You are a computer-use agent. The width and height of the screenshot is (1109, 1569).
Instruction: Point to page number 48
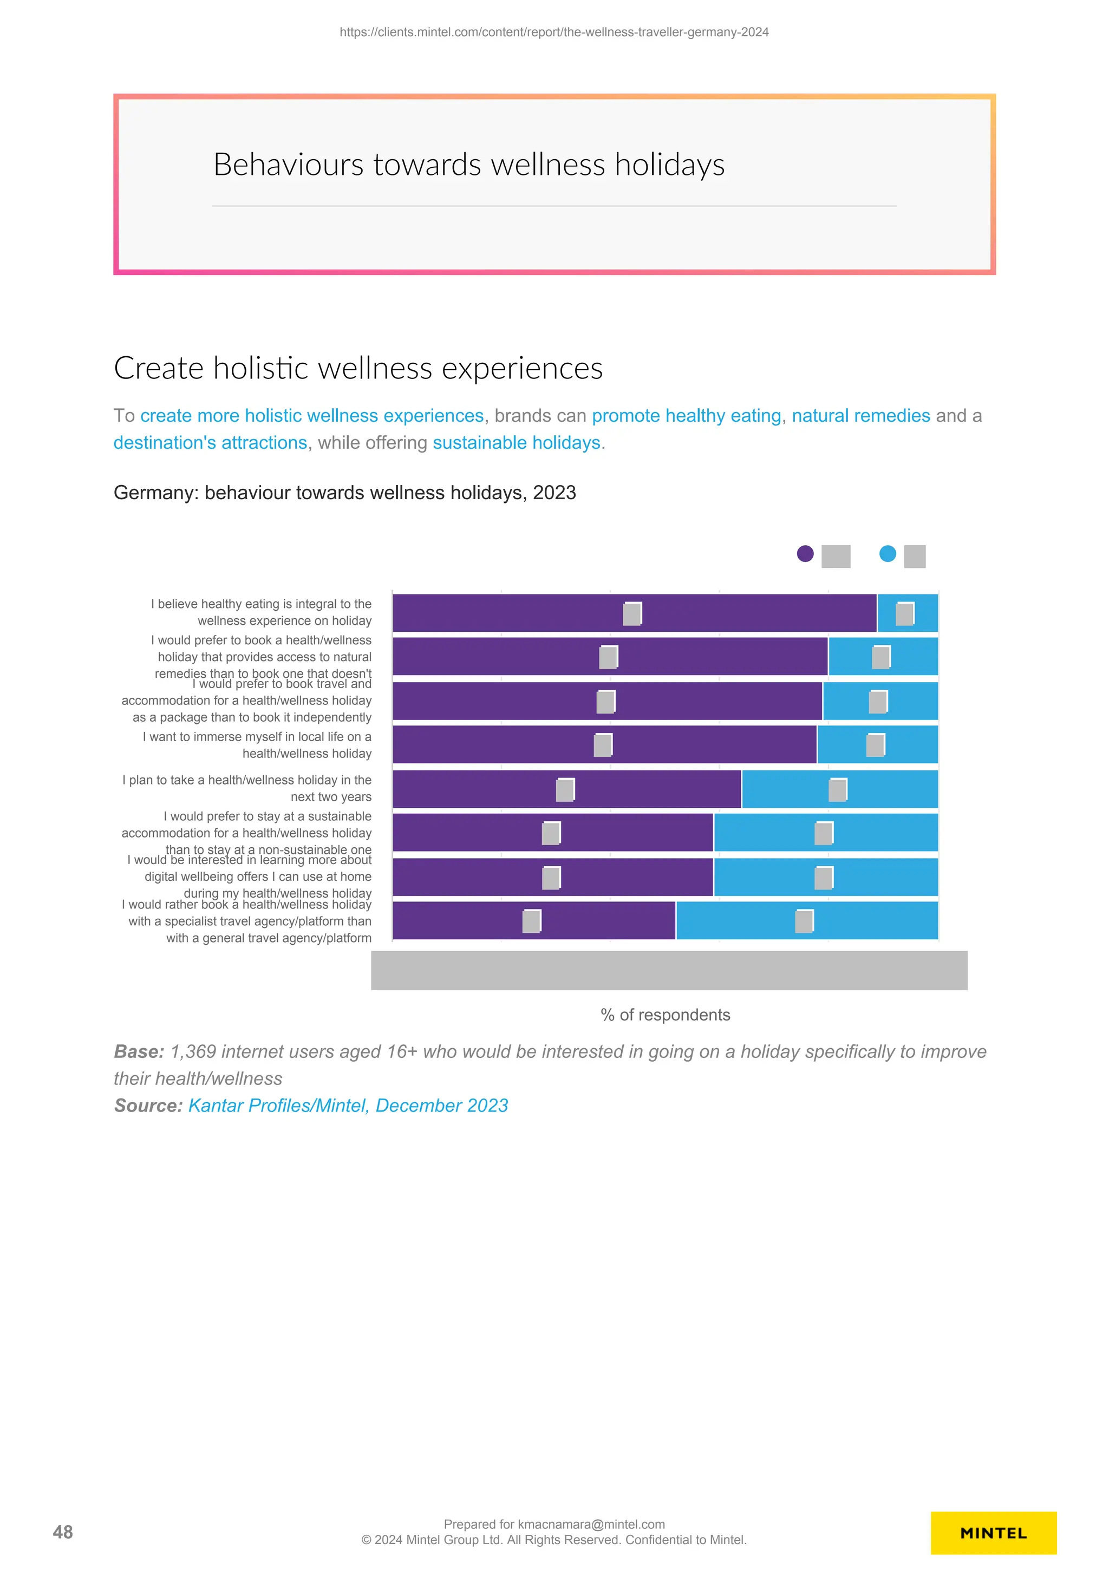(63, 1532)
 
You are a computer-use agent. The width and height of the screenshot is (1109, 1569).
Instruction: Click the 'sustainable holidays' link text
(517, 443)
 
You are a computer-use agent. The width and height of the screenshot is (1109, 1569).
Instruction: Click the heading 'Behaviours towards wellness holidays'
(469, 165)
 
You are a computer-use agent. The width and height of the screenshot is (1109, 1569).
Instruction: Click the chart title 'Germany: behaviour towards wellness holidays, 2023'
(344, 493)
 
